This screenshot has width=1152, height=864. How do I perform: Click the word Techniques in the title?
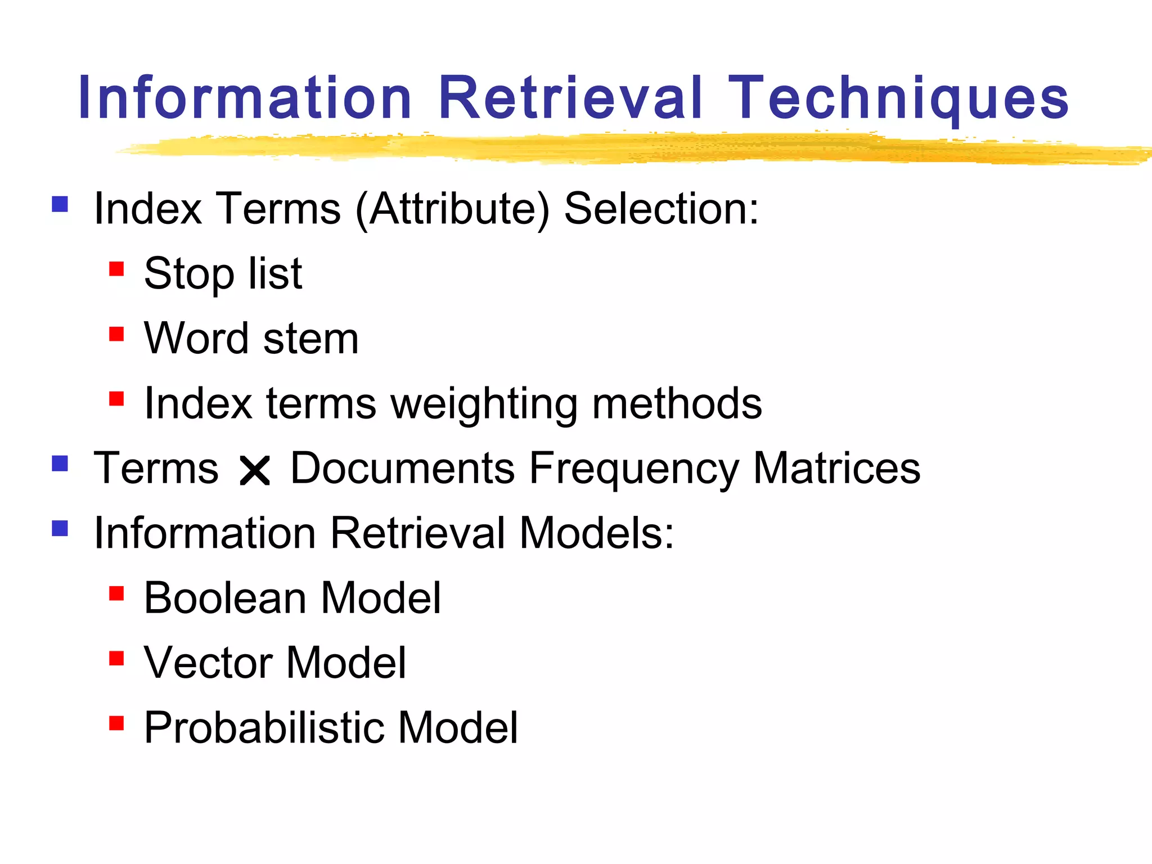point(898,99)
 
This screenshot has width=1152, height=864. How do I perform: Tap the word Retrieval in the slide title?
point(570,99)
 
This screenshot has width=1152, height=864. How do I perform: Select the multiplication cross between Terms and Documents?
point(255,470)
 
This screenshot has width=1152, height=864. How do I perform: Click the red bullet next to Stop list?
point(116,269)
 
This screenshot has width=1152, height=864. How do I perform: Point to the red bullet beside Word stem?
point(116,334)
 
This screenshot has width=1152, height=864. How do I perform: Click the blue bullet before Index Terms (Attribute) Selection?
point(60,204)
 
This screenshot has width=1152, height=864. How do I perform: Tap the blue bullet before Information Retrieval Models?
point(60,528)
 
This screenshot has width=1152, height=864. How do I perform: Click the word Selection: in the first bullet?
point(661,209)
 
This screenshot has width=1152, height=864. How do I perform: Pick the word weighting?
point(484,404)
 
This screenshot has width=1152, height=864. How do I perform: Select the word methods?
point(677,403)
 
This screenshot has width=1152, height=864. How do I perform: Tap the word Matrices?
point(836,468)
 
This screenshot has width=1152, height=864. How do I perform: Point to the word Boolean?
point(225,598)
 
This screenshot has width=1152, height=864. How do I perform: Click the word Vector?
point(208,663)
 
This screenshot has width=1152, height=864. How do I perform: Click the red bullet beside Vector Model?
point(116,658)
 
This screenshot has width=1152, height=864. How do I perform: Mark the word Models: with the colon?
point(596,533)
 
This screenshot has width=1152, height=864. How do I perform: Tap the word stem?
point(310,339)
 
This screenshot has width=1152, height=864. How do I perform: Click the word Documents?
point(402,468)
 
